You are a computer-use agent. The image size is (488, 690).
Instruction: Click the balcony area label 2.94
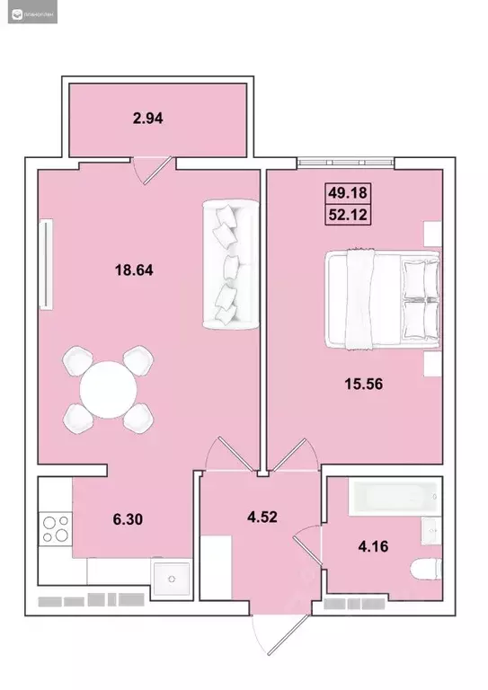pyautogui.click(x=149, y=117)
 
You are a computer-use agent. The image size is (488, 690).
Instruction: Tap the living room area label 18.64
pyautogui.click(x=134, y=268)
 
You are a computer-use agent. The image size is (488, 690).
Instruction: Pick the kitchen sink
pyautogui.click(x=169, y=579)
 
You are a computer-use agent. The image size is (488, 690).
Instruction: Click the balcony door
pyautogui.click(x=150, y=169)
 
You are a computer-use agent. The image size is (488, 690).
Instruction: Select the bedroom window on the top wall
pyautogui.click(x=345, y=164)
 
